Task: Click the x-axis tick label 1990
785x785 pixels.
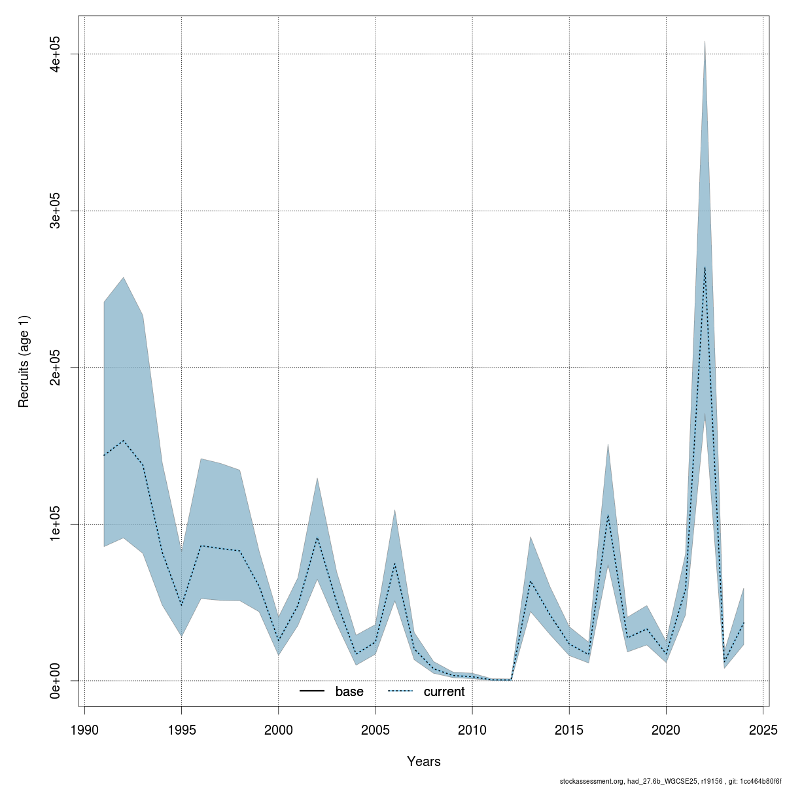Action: (84, 729)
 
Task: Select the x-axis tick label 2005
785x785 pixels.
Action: (375, 729)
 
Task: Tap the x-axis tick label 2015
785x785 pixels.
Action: (569, 729)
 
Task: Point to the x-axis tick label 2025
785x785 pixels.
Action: (763, 729)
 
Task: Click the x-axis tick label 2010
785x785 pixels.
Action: (472, 729)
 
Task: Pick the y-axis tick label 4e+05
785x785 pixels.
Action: (57, 54)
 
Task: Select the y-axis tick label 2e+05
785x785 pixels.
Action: (57, 368)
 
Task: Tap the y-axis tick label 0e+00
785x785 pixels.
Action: (57, 681)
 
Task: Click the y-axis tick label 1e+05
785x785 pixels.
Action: (57, 524)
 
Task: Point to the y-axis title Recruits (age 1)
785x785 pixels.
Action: (24, 361)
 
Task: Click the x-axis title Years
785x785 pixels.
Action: (424, 761)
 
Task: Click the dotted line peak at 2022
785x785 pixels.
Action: (705, 268)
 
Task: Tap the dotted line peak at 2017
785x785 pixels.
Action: (608, 515)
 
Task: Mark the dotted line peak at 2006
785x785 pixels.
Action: (394, 564)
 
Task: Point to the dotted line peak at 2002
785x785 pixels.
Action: (317, 538)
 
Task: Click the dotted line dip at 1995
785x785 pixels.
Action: (181, 605)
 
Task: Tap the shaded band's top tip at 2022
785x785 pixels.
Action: (705, 41)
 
